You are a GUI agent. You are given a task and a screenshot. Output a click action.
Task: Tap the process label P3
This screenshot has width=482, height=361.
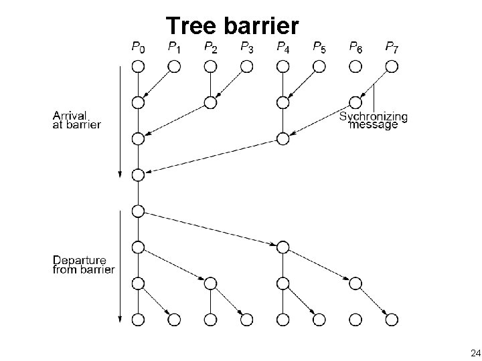pyautogui.click(x=246, y=47)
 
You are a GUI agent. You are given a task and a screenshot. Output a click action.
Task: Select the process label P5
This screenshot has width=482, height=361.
pyautogui.click(x=319, y=47)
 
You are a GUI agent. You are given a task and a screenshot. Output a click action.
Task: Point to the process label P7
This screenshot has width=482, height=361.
pyautogui.click(x=392, y=47)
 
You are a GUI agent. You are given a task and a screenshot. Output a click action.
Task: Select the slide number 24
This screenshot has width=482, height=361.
pyautogui.click(x=475, y=352)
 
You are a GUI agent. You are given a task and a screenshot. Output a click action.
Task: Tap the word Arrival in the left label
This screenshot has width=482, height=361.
pyautogui.click(x=71, y=114)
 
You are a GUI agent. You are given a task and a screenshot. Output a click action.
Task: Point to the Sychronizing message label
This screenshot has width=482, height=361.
pyautogui.click(x=374, y=120)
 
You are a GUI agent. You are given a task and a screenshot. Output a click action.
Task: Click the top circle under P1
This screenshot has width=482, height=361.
pyautogui.click(x=174, y=66)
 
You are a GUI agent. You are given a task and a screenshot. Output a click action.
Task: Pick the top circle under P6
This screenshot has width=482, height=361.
pyautogui.click(x=355, y=66)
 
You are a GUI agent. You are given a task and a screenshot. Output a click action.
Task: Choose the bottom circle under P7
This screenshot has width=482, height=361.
pyautogui.click(x=392, y=320)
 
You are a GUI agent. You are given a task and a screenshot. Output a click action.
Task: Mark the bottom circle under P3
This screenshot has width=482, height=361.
pyautogui.click(x=246, y=320)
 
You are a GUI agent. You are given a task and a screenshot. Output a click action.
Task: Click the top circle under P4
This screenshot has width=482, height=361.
pyautogui.click(x=283, y=66)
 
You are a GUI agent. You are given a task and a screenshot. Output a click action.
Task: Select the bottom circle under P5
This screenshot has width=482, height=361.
pyautogui.click(x=319, y=320)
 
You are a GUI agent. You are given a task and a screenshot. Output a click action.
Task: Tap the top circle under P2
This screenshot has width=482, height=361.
pyautogui.click(x=210, y=66)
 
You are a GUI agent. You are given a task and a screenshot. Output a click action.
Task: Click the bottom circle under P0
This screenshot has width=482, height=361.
pyautogui.click(x=138, y=320)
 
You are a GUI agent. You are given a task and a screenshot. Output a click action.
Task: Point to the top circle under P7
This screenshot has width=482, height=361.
pyautogui.click(x=392, y=66)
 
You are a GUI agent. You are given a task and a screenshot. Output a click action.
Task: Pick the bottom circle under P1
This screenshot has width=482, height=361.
pyautogui.click(x=174, y=320)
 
